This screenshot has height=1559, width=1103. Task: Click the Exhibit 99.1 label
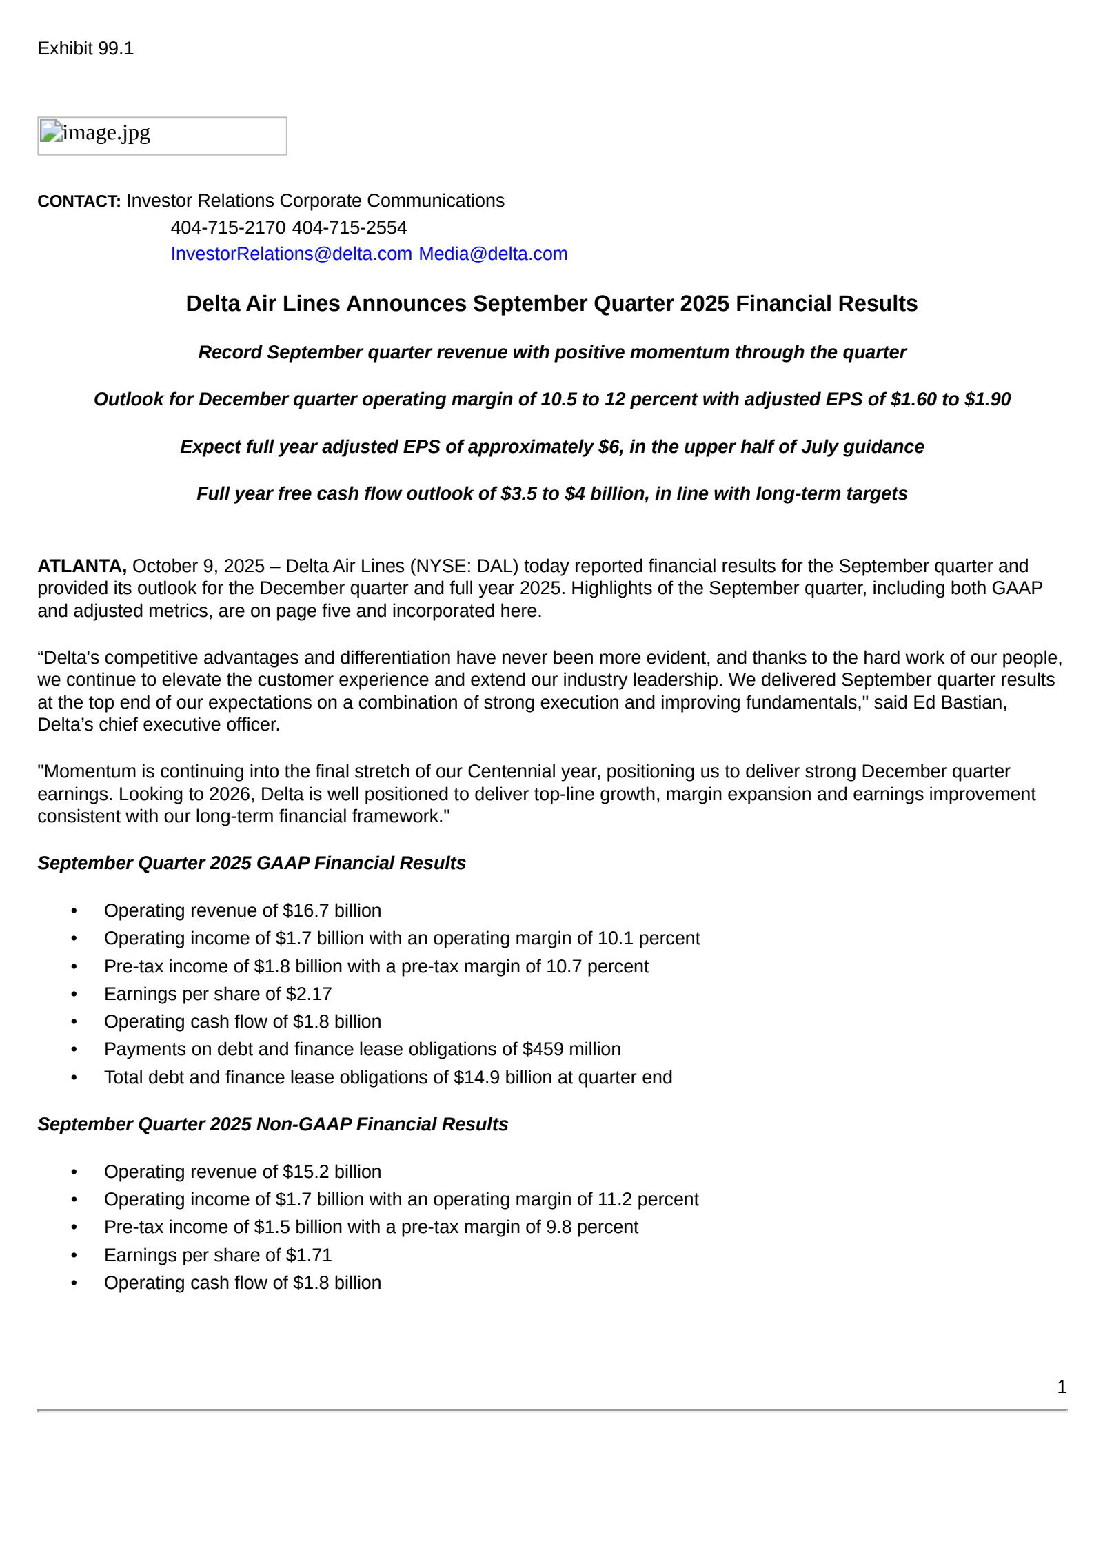coord(85,48)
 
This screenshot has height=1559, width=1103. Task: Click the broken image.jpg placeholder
coord(162,136)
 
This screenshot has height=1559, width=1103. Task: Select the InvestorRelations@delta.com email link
coord(291,254)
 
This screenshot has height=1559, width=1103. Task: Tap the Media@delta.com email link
coord(493,254)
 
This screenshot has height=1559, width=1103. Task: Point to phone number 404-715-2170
coord(227,227)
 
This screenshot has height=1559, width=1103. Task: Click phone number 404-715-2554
coord(350,227)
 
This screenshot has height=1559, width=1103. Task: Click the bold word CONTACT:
coord(79,201)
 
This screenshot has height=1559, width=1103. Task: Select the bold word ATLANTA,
coord(81,566)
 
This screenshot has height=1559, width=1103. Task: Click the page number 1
coord(1062,1387)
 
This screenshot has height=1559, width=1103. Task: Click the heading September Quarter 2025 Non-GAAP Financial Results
coord(272,1124)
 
